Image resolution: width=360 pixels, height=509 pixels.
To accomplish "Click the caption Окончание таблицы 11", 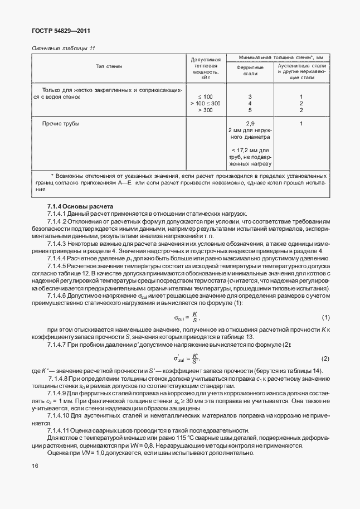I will tap(64, 49).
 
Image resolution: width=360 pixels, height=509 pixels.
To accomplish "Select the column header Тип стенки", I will tap(109, 66).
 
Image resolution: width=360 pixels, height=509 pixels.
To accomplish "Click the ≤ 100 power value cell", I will tap(205, 97).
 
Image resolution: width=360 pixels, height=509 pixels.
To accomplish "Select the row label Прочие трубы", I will tap(61, 123).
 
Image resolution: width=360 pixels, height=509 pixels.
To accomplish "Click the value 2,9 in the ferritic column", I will tap(250, 123).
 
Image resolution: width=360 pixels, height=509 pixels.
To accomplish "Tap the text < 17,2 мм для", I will tap(250, 151).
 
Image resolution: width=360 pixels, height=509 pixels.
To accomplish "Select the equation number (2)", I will tap(326, 358).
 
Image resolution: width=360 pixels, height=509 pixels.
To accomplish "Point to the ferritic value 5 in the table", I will tap(250, 110).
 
